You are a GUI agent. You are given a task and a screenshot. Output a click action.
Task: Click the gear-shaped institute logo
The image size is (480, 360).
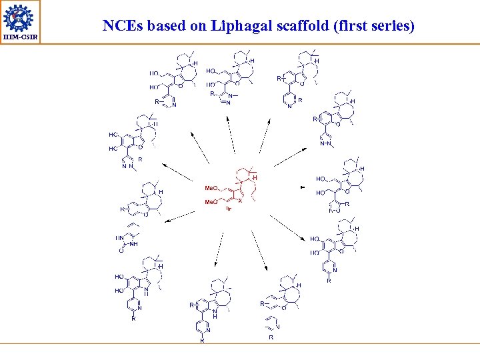click(20, 17)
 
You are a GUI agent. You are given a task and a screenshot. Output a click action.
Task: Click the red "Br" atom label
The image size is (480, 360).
click(227, 209)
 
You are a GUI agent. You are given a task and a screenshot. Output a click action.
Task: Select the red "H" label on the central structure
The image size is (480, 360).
click(255, 177)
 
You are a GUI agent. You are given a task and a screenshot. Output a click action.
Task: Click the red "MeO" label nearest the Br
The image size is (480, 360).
click(211, 201)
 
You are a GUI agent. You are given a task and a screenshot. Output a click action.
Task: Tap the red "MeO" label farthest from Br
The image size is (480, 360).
click(211, 188)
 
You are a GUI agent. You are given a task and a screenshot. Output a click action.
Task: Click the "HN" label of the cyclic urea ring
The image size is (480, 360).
click(120, 237)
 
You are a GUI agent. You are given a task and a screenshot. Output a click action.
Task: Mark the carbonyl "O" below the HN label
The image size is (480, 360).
click(121, 251)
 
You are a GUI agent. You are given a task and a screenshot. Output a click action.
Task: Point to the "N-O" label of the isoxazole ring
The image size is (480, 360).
click(334, 211)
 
